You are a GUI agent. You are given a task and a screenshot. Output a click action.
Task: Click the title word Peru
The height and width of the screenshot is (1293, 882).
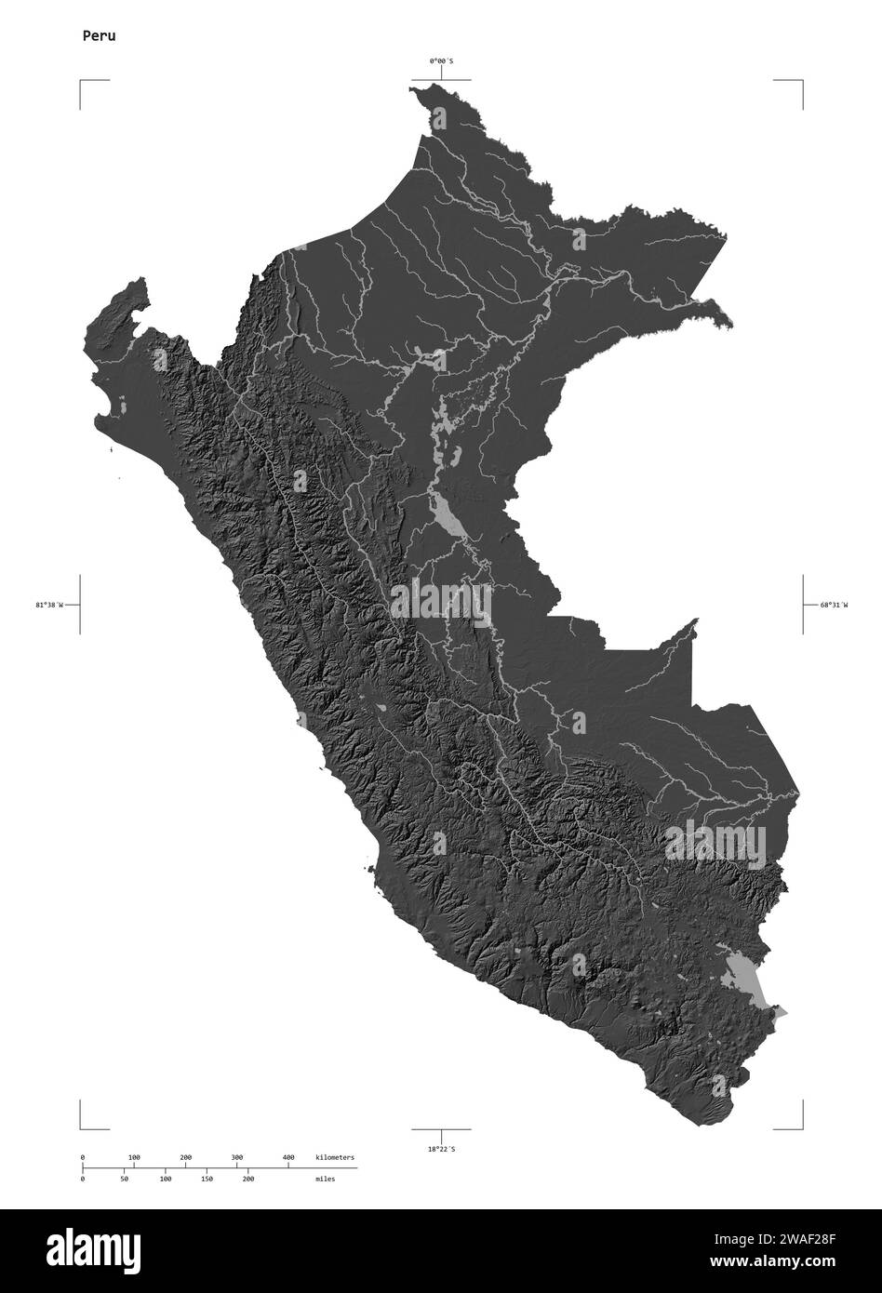point(98,36)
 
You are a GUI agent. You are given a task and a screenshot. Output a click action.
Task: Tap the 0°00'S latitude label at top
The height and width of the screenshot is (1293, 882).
point(441,61)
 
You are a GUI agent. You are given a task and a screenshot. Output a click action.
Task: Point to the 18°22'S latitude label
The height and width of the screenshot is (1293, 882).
point(441,1150)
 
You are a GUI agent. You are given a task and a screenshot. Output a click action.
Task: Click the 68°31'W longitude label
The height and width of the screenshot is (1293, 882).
point(834,606)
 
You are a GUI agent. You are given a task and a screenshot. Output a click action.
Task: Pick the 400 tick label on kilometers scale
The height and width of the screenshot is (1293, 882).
point(288,1157)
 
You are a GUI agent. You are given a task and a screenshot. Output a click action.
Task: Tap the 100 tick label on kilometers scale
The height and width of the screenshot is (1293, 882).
point(134,1157)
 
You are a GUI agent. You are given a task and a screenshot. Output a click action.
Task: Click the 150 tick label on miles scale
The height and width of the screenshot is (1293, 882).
point(207,1179)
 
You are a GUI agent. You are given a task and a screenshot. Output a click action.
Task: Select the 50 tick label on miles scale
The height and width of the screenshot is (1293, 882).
point(124,1179)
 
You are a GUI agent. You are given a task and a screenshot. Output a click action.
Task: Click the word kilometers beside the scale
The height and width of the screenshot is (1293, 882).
point(335,1157)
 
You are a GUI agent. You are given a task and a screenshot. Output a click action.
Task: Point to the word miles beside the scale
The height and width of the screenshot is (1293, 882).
point(325,1179)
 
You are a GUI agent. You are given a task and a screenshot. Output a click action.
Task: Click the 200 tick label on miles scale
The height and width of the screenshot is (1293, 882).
point(247,1179)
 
